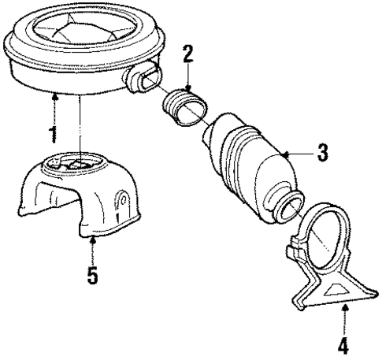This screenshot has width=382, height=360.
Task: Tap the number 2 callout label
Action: click(x=187, y=55)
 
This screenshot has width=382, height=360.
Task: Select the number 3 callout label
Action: click(x=321, y=154)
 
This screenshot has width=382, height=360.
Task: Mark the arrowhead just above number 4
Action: click(x=344, y=313)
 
